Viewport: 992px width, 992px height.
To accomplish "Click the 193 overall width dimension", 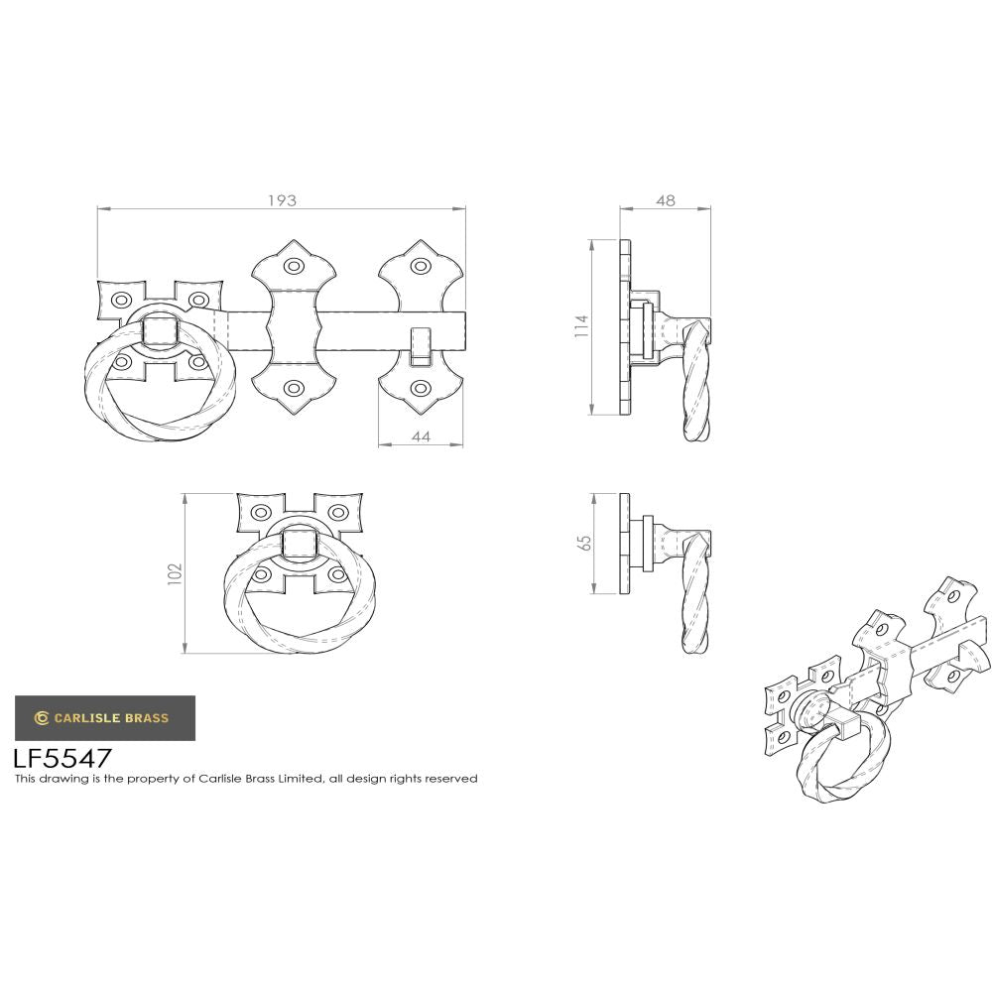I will pos(282,199).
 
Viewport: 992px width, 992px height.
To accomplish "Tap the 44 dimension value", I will pos(421,436).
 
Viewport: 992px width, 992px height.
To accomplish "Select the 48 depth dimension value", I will pos(666,199).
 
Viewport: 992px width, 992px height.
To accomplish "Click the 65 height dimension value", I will pos(584,544).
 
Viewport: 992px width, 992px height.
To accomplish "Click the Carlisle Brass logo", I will pos(104,718).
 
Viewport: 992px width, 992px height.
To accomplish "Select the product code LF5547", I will pos(62,759).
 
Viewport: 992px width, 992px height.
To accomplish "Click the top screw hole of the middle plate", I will pos(294,266).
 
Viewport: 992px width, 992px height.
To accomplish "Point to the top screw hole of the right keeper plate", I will pos(421,266).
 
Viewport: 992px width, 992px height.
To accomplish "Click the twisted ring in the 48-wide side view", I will pos(696,387).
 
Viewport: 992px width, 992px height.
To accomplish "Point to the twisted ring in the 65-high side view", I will pos(696,595).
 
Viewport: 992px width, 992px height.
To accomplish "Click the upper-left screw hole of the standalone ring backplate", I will pos(261,513).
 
